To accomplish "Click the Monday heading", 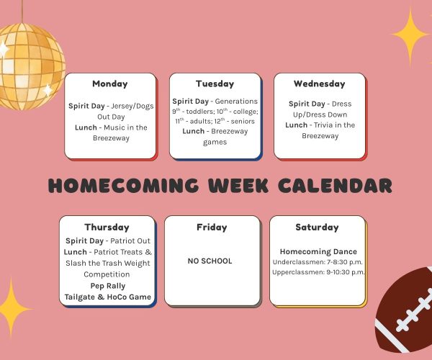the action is point(110,84).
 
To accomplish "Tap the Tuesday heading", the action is point(215,84).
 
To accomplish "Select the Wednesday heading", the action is point(319,84).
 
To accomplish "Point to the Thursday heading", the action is point(107,228).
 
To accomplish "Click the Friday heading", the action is point(212,228).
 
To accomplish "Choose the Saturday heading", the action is point(317,228).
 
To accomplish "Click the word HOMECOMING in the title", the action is point(123,185).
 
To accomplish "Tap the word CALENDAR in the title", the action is point(335,185).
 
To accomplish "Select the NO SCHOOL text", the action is point(210,261).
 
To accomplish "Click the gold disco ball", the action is point(30,66).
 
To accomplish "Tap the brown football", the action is point(405,311).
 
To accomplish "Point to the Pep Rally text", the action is point(108,286).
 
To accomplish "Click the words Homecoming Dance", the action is point(318,251).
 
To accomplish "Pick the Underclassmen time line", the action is point(318,262).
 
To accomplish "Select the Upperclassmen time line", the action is point(318,272).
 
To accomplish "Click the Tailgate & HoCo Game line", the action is point(108,297).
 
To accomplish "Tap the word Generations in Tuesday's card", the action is point(236,102).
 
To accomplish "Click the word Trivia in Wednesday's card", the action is point(324,125).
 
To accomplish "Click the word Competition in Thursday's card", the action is point(107,274).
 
